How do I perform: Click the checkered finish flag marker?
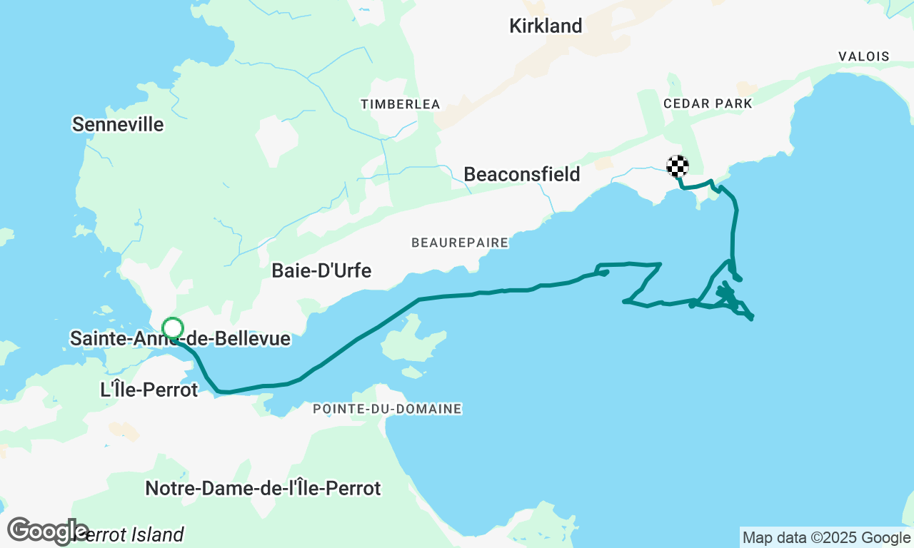point(678,166)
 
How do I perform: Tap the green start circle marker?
point(173,328)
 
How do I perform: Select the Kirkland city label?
point(546,26)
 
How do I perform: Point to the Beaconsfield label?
point(521,174)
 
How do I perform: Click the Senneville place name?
point(118,125)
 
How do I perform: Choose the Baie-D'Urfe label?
point(321,271)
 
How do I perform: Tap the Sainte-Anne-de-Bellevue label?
point(180,338)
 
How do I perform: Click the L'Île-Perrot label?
point(149,390)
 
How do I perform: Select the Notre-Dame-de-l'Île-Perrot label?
point(263,489)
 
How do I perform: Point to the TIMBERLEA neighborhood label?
point(400,104)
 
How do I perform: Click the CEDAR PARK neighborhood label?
point(708,103)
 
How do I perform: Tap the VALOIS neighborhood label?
point(864,56)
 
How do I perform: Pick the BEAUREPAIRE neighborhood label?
point(460,243)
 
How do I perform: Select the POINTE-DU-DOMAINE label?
point(387,409)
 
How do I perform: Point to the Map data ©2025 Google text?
point(826,538)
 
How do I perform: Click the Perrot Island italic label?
point(132,534)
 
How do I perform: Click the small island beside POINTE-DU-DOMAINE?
point(412,372)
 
